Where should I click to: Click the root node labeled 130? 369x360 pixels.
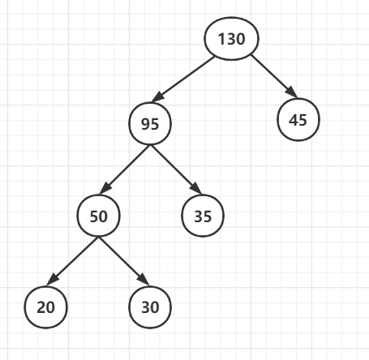click(231, 38)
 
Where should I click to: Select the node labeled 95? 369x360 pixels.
click(150, 123)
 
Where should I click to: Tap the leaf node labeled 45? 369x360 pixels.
click(298, 119)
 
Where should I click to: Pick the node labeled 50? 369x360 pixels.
click(99, 216)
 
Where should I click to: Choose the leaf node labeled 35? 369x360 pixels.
click(203, 216)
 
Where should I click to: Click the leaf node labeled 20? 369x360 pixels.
click(46, 307)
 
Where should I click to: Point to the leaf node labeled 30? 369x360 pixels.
click(150, 307)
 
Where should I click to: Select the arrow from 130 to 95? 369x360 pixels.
click(183, 79)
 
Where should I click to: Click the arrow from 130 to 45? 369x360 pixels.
click(274, 76)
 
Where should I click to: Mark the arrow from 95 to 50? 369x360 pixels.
click(125, 169)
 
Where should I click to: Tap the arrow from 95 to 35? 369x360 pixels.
click(176, 169)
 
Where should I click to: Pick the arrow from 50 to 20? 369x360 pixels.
click(72, 261)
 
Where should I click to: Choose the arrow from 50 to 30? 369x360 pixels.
click(124, 261)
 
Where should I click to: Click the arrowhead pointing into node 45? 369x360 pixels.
click(292, 92)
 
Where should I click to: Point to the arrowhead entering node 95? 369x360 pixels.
click(158, 97)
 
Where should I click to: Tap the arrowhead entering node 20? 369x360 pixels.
click(53, 280)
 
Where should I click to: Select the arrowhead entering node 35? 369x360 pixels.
click(196, 189)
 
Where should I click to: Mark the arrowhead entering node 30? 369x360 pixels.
click(144, 280)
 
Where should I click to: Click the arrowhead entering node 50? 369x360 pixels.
click(105, 188)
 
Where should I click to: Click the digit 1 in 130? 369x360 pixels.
click(221, 39)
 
